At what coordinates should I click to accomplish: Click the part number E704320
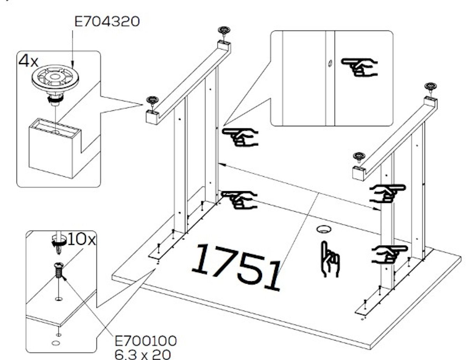click(x=107, y=22)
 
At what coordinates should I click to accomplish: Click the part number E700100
click(x=146, y=341)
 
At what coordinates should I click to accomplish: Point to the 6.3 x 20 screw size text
click(x=143, y=354)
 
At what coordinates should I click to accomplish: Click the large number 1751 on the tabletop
click(x=236, y=267)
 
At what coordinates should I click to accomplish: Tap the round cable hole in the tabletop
click(x=324, y=229)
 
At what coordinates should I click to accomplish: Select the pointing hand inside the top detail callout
click(x=359, y=67)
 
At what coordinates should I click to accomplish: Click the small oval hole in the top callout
click(x=330, y=63)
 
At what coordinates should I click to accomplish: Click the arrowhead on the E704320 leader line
click(x=72, y=64)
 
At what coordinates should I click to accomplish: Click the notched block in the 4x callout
click(x=55, y=148)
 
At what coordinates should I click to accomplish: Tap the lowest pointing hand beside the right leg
click(x=389, y=255)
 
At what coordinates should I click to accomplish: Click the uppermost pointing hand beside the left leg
click(x=240, y=137)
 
